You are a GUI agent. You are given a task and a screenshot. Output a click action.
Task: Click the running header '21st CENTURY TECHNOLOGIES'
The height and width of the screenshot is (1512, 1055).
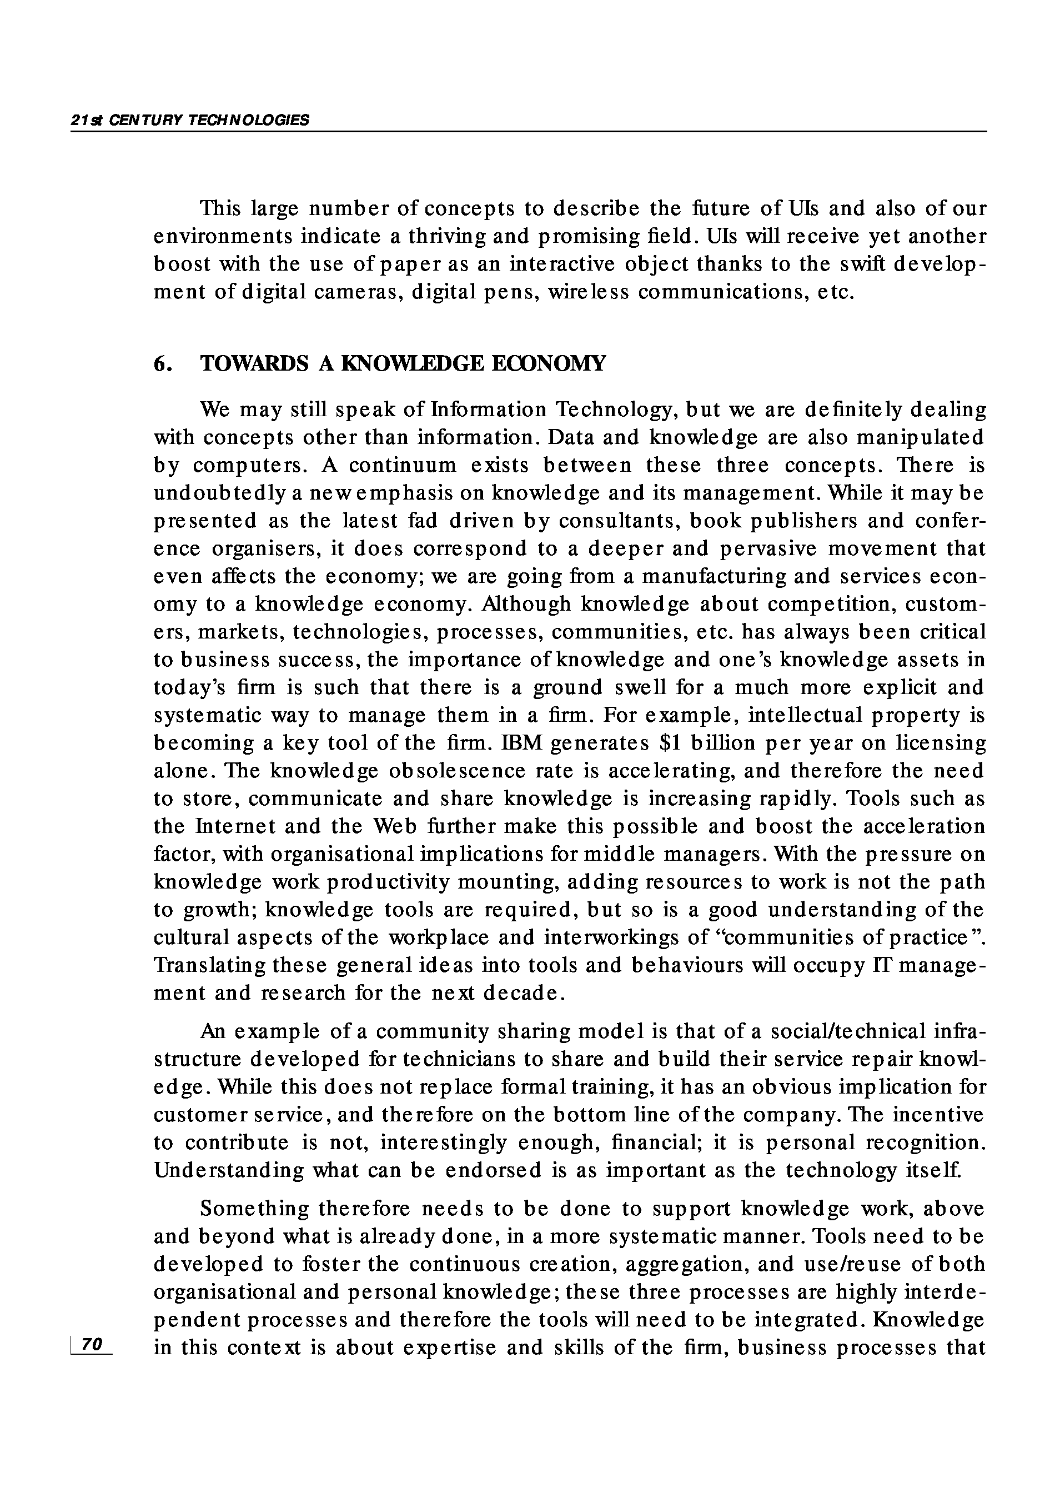(x=189, y=121)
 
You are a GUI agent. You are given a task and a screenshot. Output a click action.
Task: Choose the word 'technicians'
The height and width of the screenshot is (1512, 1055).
(x=458, y=1060)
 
